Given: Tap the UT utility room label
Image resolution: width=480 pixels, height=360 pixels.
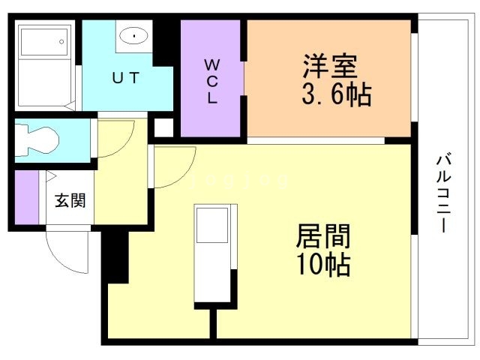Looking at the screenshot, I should click(124, 77).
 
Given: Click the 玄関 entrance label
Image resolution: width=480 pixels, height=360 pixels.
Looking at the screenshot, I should click(70, 200).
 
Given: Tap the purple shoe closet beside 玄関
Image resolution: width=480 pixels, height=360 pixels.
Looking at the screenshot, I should click(26, 197).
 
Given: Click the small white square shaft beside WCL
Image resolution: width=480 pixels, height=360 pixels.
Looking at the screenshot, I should click(162, 127).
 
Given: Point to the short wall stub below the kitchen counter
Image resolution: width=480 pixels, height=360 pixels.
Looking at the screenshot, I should click(214, 322).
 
